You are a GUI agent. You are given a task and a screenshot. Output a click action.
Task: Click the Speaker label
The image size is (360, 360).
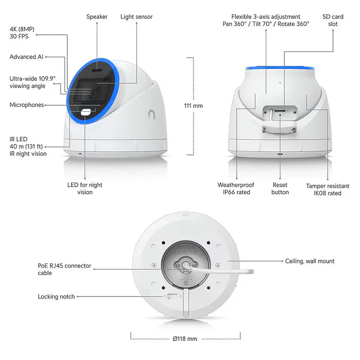(x=97, y=17)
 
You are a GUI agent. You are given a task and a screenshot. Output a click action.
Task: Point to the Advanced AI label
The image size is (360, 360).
(x=27, y=57)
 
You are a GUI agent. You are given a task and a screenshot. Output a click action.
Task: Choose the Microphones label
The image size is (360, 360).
(x=27, y=105)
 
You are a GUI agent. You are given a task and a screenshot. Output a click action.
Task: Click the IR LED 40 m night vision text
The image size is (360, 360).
(x=28, y=146)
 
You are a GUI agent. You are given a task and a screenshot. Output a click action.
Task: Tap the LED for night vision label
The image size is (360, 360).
(x=85, y=189)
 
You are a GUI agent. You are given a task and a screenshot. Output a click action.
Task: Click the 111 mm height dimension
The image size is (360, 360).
(x=193, y=106)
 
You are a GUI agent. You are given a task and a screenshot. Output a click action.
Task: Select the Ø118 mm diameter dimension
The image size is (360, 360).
(x=185, y=339)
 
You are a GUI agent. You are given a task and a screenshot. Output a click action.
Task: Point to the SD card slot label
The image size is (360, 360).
(x=333, y=20)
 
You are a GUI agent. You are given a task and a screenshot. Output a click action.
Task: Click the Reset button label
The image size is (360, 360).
(x=280, y=189)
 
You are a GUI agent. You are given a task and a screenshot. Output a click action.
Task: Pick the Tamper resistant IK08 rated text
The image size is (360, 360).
(x=327, y=189)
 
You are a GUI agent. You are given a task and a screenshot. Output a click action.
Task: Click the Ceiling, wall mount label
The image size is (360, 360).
(x=310, y=261)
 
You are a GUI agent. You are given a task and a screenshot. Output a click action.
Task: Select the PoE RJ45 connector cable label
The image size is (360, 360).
(x=64, y=270)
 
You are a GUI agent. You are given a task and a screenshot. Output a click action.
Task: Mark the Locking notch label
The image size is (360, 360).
(x=56, y=297)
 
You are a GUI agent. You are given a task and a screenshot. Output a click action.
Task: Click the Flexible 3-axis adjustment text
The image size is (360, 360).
(x=266, y=20)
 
